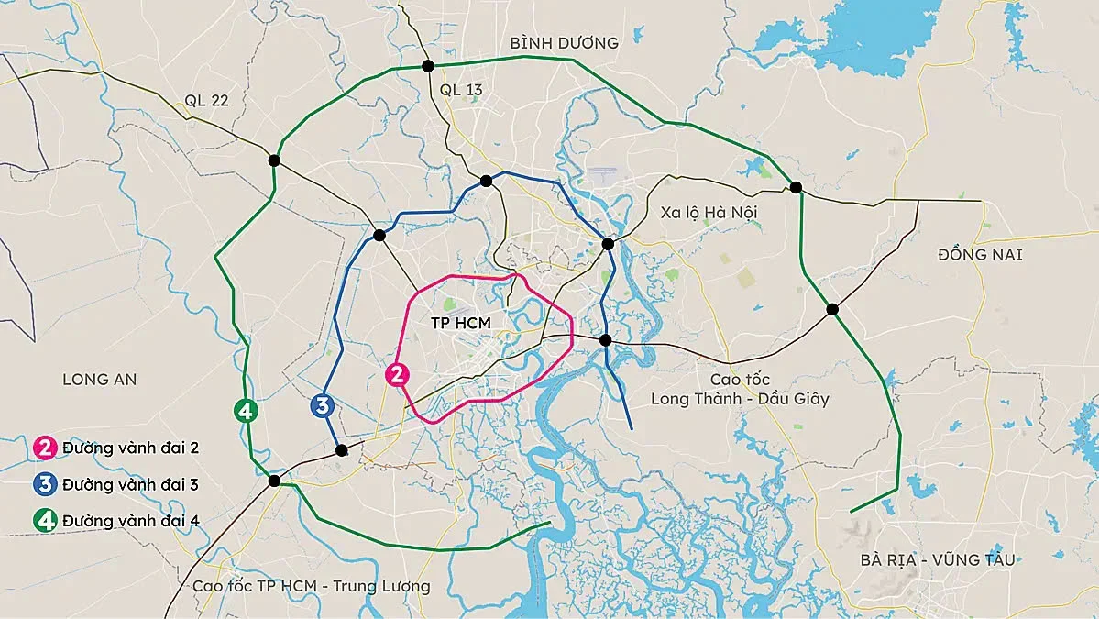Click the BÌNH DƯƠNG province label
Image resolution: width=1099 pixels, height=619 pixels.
pyautogui.click(x=565, y=43)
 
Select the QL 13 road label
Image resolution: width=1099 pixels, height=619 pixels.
pyautogui.click(x=461, y=89)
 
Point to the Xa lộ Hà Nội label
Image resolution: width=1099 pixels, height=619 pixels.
pyautogui.click(x=709, y=213)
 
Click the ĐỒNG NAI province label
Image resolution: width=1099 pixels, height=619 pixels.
pyautogui.click(x=980, y=255)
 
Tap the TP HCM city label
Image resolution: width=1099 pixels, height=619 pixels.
pyautogui.click(x=461, y=324)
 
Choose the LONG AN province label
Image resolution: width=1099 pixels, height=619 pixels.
pyautogui.click(x=99, y=379)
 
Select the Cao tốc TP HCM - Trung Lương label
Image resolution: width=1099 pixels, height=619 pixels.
pyautogui.click(x=311, y=586)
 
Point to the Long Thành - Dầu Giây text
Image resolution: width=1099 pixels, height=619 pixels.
pyautogui.click(x=740, y=399)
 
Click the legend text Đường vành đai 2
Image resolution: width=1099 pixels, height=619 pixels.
pyautogui.click(x=130, y=448)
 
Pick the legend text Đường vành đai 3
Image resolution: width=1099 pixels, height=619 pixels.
pyautogui.click(x=130, y=484)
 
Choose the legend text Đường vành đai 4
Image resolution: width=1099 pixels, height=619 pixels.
pyautogui.click(x=130, y=521)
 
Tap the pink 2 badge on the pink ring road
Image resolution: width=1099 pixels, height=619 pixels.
pyautogui.click(x=397, y=374)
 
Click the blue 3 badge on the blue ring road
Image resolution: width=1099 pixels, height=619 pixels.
pyautogui.click(x=322, y=405)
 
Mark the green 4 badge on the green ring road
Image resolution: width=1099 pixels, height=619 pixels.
pyautogui.click(x=245, y=411)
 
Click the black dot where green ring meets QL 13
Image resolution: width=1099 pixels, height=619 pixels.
pyautogui.click(x=427, y=65)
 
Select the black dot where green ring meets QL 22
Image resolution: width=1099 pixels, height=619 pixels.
pyautogui.click(x=274, y=160)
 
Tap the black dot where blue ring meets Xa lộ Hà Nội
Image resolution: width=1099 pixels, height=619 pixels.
pyautogui.click(x=608, y=243)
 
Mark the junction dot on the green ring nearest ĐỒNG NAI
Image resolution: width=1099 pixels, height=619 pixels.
pyautogui.click(x=832, y=310)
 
